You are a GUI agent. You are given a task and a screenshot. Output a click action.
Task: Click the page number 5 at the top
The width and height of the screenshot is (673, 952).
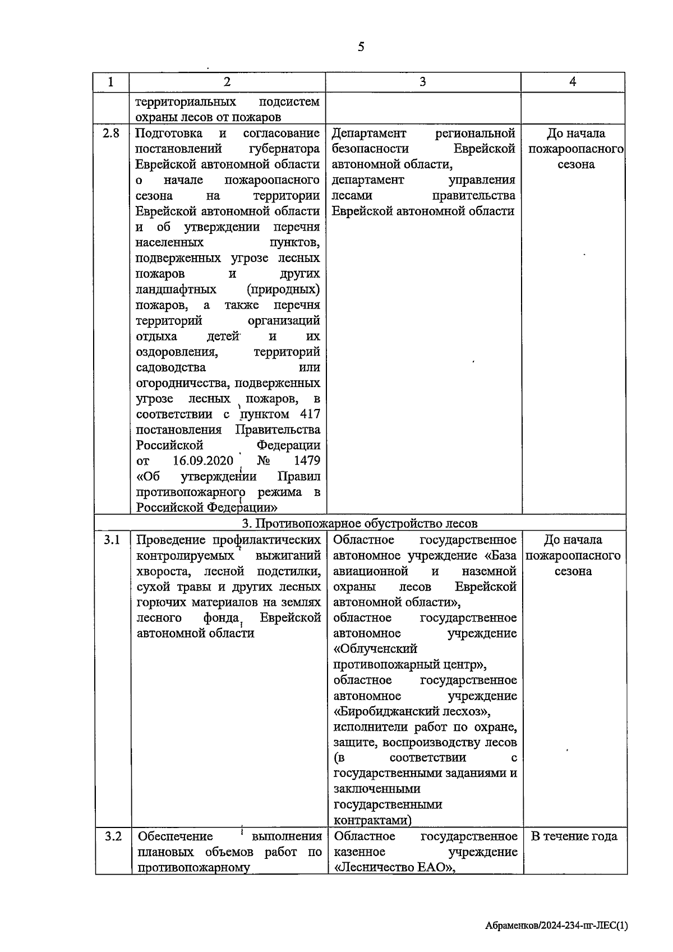361,47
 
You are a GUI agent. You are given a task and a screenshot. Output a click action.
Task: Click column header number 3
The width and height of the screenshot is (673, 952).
422,82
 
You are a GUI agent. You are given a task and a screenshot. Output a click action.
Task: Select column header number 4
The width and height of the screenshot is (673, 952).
573,82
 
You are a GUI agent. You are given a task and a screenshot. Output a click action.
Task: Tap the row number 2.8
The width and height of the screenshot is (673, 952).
112,134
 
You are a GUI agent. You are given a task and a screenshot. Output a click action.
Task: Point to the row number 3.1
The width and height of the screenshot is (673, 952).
112,540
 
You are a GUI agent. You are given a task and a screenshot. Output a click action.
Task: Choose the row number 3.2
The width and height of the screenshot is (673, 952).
113,836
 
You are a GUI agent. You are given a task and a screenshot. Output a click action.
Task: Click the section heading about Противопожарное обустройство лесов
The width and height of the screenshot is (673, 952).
359,523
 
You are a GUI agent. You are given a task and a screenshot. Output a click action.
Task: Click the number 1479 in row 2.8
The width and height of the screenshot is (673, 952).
307,461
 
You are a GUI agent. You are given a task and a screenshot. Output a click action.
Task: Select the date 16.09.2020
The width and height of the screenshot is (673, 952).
202,461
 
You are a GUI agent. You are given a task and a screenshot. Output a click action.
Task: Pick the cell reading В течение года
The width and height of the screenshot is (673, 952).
574,836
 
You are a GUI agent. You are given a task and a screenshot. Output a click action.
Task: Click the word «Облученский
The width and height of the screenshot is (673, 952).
375,649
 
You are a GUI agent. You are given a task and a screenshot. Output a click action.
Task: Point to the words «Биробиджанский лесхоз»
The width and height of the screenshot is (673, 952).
412,711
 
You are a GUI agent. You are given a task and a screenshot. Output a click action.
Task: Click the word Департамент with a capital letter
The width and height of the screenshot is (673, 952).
369,134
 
